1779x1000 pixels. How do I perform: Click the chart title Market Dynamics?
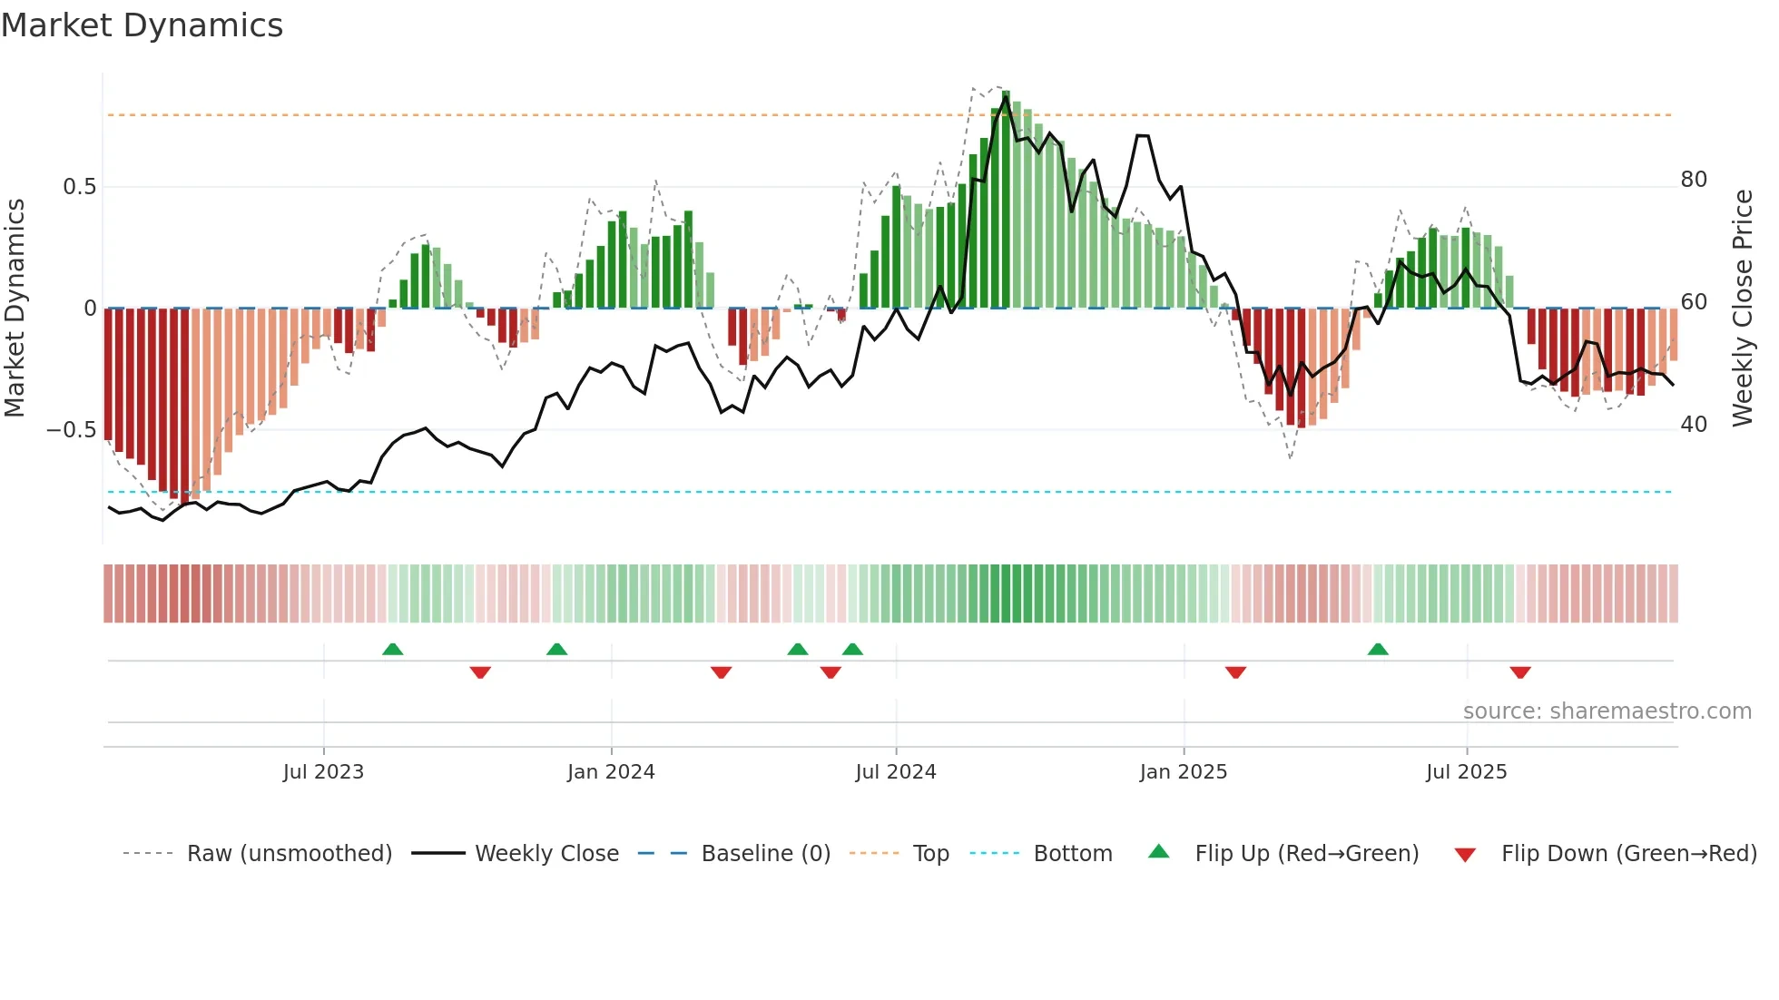[143, 25]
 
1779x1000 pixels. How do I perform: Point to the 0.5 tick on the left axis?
[79, 187]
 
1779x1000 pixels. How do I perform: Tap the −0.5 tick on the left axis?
[72, 429]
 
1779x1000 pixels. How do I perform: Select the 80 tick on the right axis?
[1694, 180]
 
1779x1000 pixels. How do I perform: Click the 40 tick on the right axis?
[1694, 425]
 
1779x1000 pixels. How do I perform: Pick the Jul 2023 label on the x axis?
[323, 772]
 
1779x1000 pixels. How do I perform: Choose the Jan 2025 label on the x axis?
[1183, 772]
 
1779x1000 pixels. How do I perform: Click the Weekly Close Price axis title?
[1742, 308]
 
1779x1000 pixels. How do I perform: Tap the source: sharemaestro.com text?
[1607, 711]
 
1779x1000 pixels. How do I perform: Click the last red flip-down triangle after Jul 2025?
[1520, 672]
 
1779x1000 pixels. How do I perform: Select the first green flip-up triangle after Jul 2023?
[392, 650]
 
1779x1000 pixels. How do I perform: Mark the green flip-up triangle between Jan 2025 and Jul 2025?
[1378, 650]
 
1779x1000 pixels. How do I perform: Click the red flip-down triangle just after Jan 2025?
[1235, 672]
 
